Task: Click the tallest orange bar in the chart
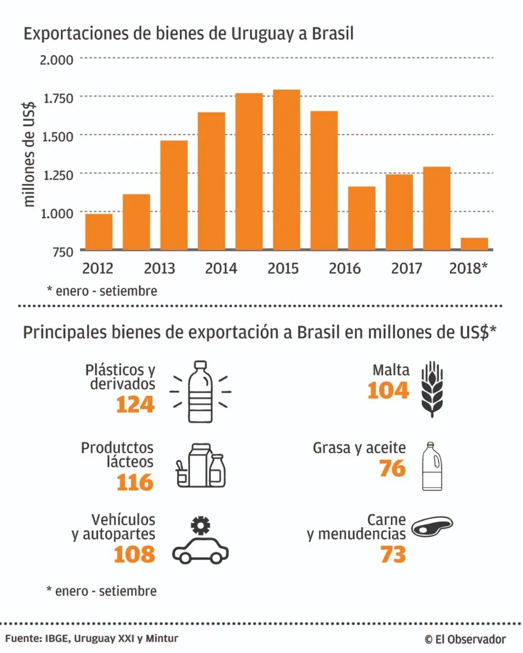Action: [x=287, y=170]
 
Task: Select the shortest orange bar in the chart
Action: [x=474, y=244]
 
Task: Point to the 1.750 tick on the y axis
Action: [x=58, y=98]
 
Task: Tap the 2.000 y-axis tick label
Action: [x=57, y=60]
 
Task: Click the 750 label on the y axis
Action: [x=61, y=251]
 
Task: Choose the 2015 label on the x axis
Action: [x=283, y=268]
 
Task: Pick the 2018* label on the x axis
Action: [x=468, y=268]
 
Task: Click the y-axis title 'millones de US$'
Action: [x=30, y=153]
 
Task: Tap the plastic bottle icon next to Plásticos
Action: [x=200, y=392]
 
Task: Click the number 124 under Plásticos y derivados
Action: [x=135, y=405]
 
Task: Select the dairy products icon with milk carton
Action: [x=201, y=465]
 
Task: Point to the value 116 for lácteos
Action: [x=135, y=483]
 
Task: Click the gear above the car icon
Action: [x=200, y=525]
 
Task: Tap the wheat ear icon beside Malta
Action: [x=432, y=389]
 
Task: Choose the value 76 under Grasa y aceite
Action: [x=392, y=469]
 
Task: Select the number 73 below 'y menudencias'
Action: [x=393, y=555]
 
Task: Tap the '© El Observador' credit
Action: [x=465, y=639]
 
